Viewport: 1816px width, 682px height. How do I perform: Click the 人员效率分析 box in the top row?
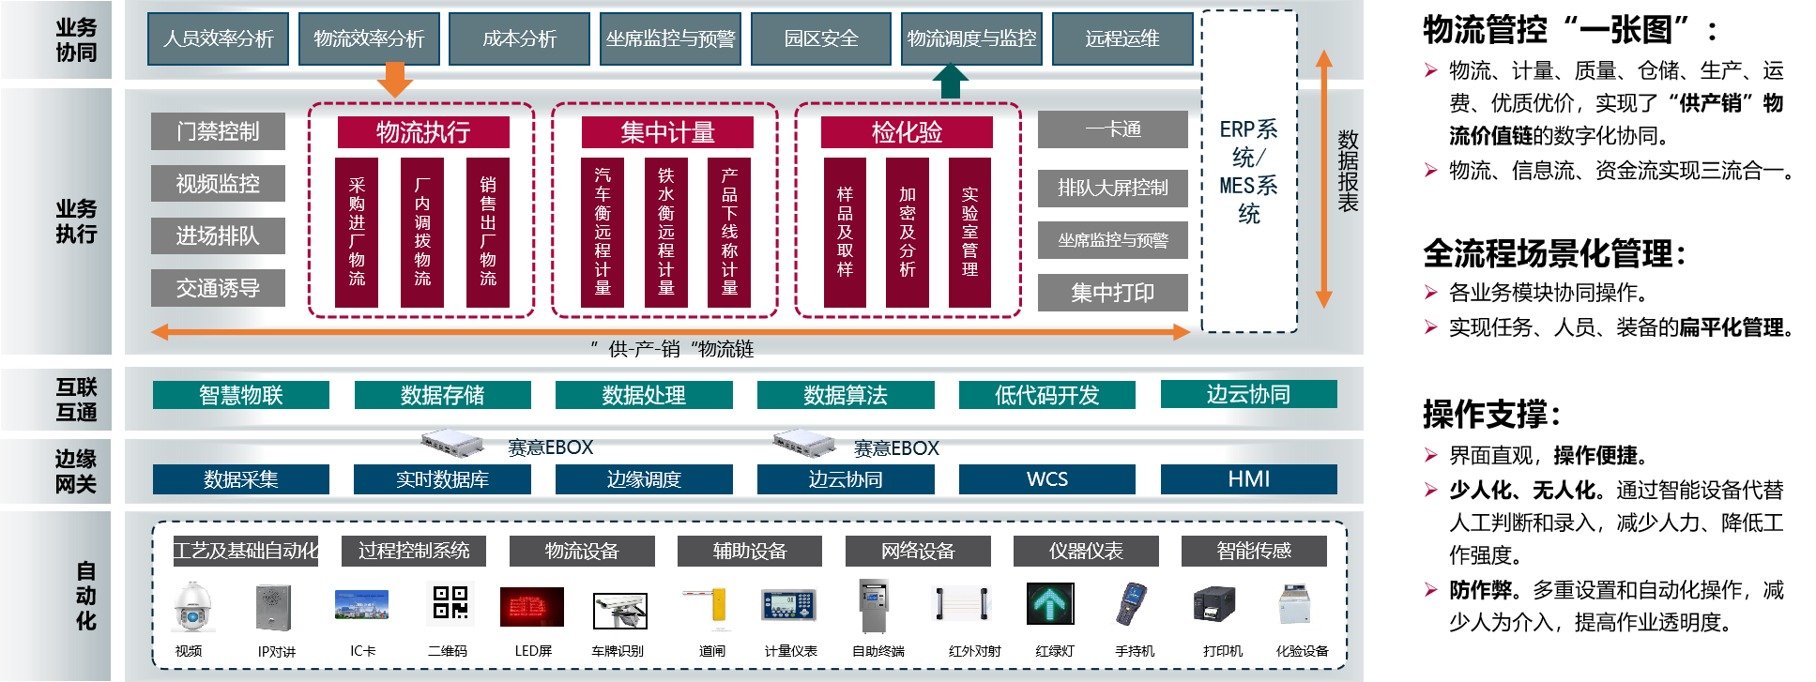pyautogui.click(x=218, y=38)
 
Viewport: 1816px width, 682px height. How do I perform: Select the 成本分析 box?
pyautogui.click(x=519, y=38)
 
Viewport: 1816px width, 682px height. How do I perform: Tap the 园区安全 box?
pyautogui.click(x=821, y=38)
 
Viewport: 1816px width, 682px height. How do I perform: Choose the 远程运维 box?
pyautogui.click(x=1122, y=38)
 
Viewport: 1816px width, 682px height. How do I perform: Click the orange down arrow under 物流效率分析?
pyautogui.click(x=394, y=80)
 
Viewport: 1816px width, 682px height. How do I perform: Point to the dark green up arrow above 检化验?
pyautogui.click(x=951, y=81)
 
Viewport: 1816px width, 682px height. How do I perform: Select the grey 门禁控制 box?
pyautogui.click(x=218, y=131)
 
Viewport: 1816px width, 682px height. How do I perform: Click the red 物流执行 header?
pyautogui.click(x=423, y=132)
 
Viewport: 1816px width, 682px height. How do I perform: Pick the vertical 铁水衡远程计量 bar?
pyautogui.click(x=666, y=232)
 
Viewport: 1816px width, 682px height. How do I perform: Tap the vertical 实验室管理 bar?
pyautogui.click(x=969, y=232)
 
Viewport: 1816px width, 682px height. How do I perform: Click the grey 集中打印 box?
pyautogui.click(x=1112, y=293)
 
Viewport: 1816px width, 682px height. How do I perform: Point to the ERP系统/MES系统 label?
pyautogui.click(x=1248, y=171)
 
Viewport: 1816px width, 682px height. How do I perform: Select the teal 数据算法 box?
pyautogui.click(x=846, y=395)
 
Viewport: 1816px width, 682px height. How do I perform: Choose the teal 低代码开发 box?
pyautogui.click(x=1046, y=395)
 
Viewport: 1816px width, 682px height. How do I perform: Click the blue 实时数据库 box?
pyautogui.click(x=442, y=479)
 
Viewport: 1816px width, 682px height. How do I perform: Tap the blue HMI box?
pyautogui.click(x=1248, y=479)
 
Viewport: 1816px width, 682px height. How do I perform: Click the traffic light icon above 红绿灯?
pyautogui.click(x=1050, y=604)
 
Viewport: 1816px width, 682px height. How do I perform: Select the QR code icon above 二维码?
pyautogui.click(x=450, y=603)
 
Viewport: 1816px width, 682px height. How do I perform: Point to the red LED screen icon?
pyautogui.click(x=532, y=607)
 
